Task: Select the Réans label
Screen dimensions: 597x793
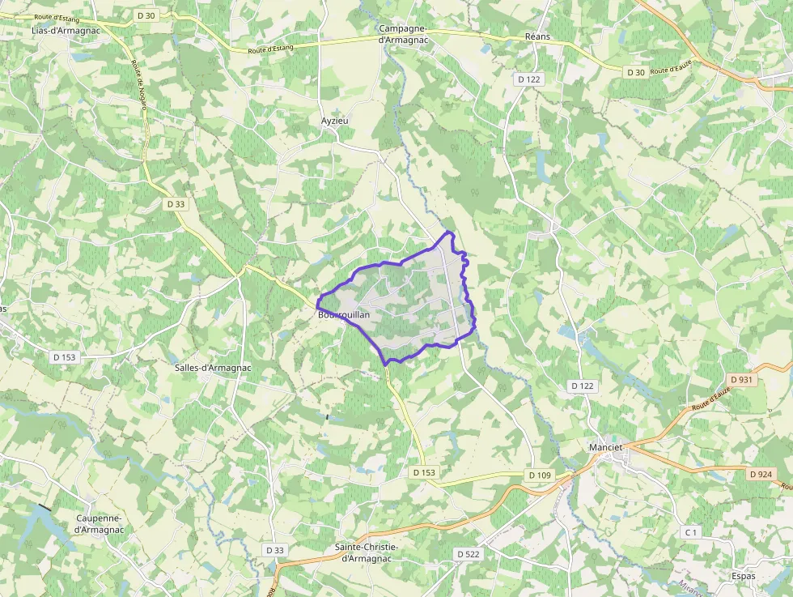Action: pyautogui.click(x=537, y=36)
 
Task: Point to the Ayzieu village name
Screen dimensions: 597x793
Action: pyautogui.click(x=334, y=120)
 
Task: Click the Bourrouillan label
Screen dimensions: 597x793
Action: pyautogui.click(x=344, y=314)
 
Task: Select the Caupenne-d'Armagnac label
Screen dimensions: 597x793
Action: pyautogui.click(x=100, y=524)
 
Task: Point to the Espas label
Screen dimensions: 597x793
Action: pyautogui.click(x=742, y=577)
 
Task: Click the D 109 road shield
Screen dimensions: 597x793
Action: pyautogui.click(x=538, y=475)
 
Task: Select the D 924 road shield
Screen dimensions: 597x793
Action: pyautogui.click(x=761, y=474)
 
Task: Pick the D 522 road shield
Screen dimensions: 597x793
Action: pyautogui.click(x=469, y=554)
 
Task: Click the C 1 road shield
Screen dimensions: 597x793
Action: pyautogui.click(x=690, y=532)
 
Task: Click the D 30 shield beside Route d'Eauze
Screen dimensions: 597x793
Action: pyautogui.click(x=635, y=73)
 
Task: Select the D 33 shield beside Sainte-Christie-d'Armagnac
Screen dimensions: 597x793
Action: pyautogui.click(x=274, y=550)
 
